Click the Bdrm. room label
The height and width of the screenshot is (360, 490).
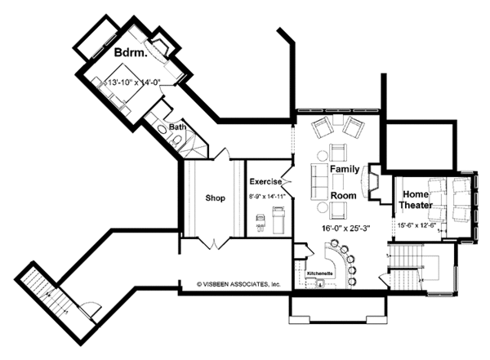pos(130,52)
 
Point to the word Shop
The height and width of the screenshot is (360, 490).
pos(215,197)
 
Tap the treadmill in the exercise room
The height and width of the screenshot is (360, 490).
pos(277,219)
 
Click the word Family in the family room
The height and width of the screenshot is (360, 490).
pos(345,167)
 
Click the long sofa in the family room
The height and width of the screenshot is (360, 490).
pos(319,177)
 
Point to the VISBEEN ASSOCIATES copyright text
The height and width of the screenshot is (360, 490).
pos(238,285)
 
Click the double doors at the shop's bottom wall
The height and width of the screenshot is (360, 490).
pos(213,242)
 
